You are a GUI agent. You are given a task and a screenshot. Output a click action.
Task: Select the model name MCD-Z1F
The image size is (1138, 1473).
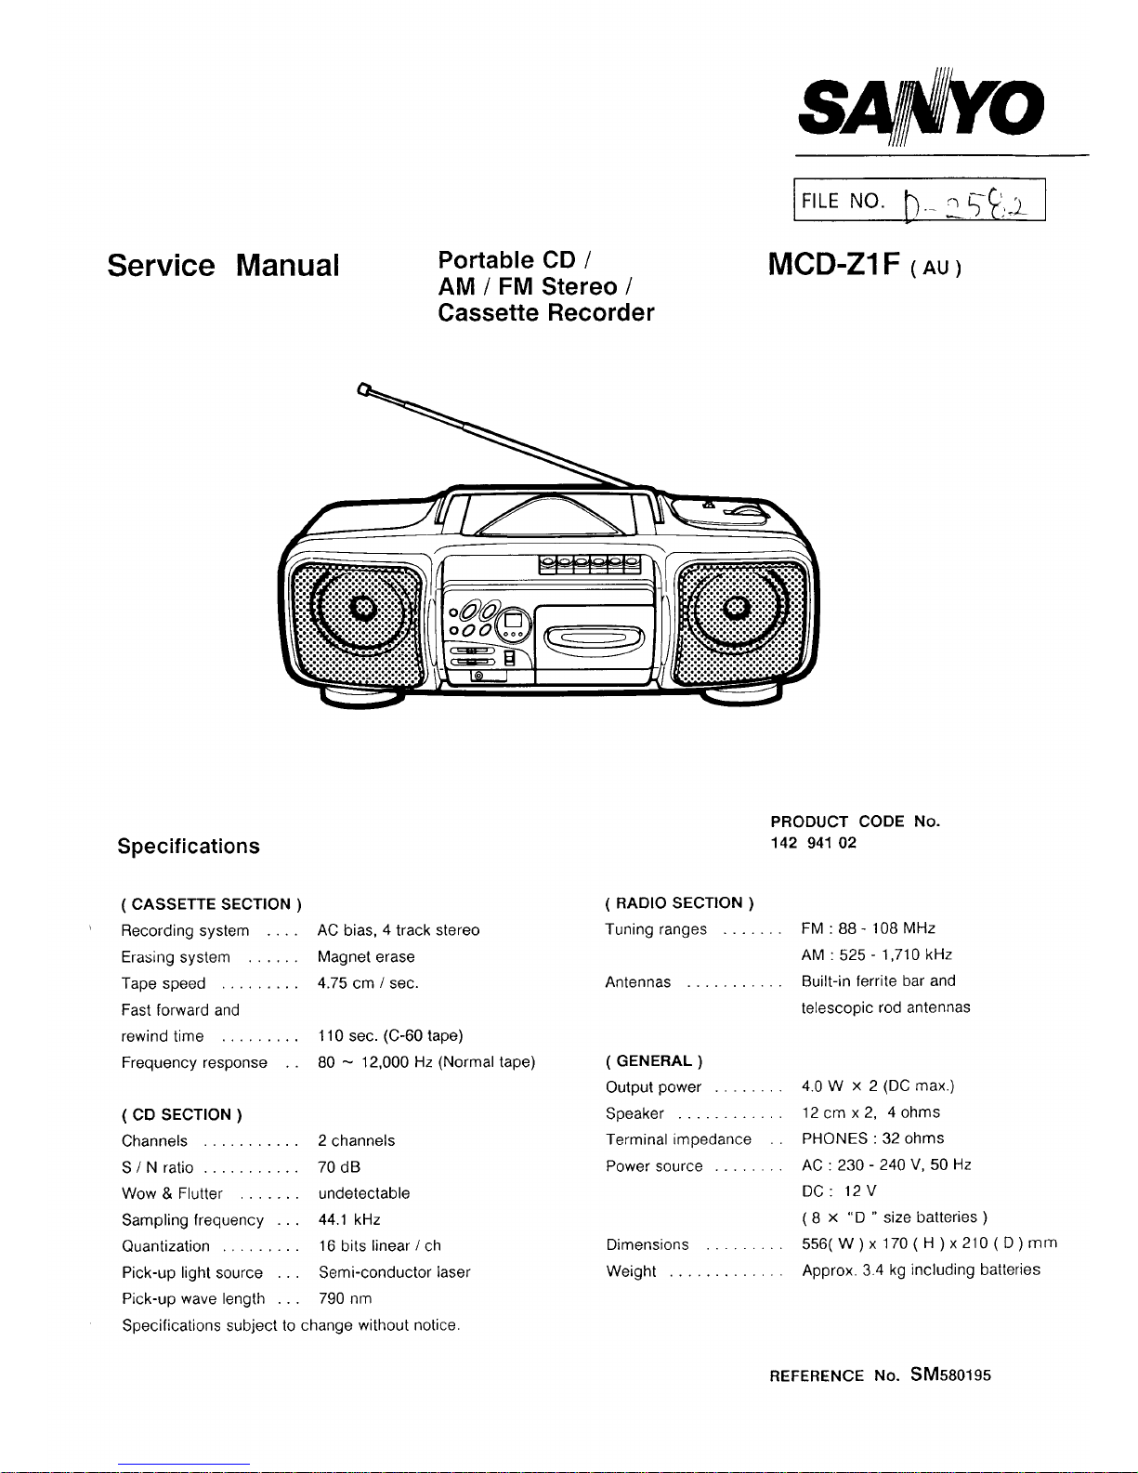pyautogui.click(x=834, y=265)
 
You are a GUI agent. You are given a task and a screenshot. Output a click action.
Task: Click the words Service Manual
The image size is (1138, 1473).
pyautogui.click(x=223, y=266)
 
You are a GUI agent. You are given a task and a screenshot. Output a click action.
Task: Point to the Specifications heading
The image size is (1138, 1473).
pyautogui.click(x=189, y=846)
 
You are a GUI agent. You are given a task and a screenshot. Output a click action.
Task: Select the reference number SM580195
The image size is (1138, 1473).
pyautogui.click(x=950, y=1374)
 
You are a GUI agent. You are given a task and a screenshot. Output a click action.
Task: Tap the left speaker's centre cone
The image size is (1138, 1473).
pyautogui.click(x=362, y=609)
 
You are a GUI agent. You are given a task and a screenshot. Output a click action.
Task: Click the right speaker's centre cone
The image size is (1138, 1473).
pyautogui.click(x=736, y=609)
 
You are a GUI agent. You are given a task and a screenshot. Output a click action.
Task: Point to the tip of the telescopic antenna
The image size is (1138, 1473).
pyautogui.click(x=363, y=389)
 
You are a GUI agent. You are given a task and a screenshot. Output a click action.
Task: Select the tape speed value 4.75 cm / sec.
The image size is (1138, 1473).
pyautogui.click(x=368, y=983)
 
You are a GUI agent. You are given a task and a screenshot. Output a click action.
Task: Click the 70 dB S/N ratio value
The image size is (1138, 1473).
pyautogui.click(x=339, y=1167)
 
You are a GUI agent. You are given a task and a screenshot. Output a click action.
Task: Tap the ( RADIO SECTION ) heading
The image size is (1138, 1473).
pyautogui.click(x=679, y=902)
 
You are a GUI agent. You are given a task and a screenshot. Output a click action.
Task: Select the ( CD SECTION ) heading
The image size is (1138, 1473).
pyautogui.click(x=182, y=1114)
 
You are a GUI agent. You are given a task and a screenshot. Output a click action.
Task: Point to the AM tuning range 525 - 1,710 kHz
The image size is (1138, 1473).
pyautogui.click(x=876, y=954)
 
